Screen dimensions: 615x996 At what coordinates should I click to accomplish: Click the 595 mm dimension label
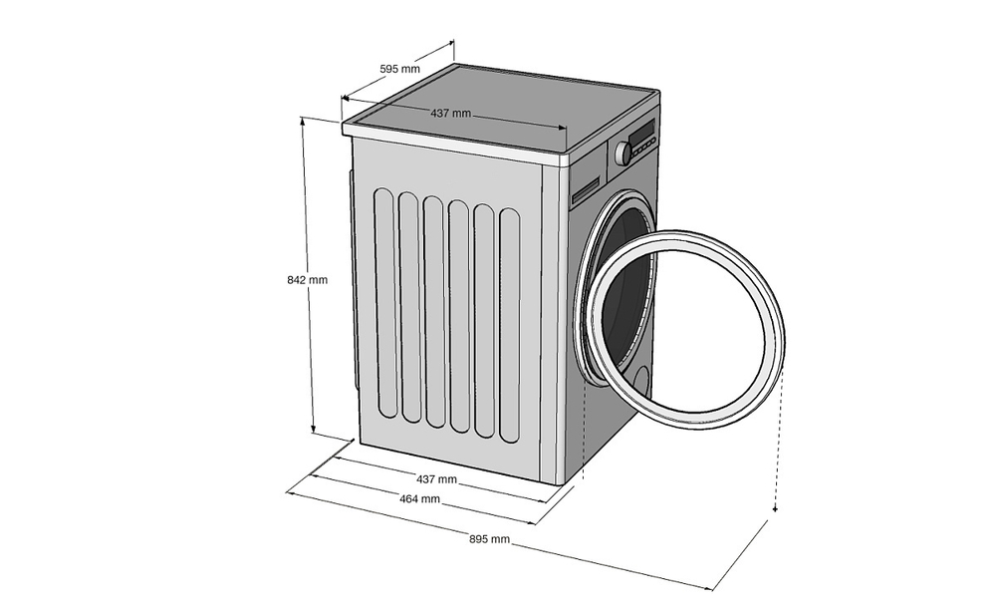point(400,70)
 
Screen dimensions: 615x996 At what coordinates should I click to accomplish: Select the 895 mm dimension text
point(490,539)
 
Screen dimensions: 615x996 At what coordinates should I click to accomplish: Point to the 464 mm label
point(419,499)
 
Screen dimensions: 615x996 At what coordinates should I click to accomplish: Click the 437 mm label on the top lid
point(450,113)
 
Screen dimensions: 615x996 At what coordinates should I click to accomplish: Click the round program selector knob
point(623,154)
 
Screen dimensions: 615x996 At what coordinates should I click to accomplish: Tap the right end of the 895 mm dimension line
point(712,588)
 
